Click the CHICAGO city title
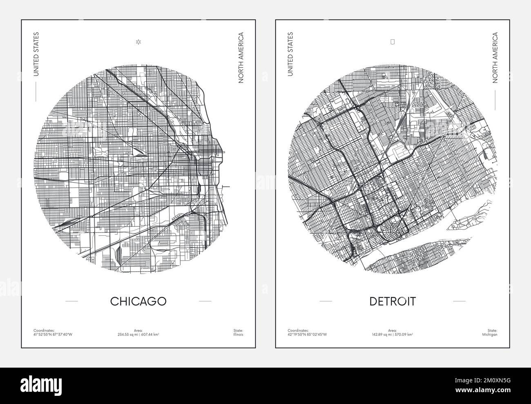click(138, 301)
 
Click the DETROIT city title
click(393, 301)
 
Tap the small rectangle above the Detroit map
click(393, 41)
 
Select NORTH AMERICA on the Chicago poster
click(241, 58)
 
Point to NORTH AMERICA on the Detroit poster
click(495, 58)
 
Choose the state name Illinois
click(238, 335)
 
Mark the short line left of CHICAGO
click(71, 301)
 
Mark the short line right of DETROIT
click(459, 301)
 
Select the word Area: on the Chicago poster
click(138, 330)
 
